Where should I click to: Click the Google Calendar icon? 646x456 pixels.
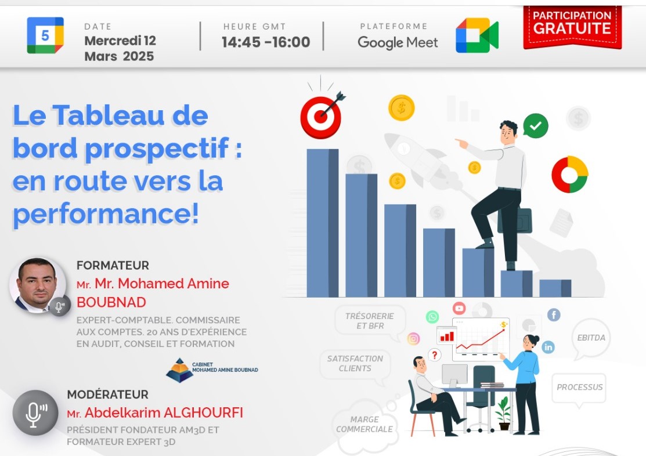[x=45, y=35]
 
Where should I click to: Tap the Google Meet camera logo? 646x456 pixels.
[x=477, y=35]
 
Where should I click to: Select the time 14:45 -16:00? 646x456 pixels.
[x=266, y=42]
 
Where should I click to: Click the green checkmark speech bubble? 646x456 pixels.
[x=535, y=125]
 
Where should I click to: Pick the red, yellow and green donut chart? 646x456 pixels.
[x=569, y=175]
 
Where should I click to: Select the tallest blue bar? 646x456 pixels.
[x=322, y=223]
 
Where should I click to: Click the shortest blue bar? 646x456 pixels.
[x=555, y=288]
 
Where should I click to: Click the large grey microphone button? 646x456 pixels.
[x=35, y=412]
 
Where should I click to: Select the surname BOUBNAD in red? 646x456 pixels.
[x=111, y=302]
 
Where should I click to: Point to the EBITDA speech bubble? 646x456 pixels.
[x=591, y=338]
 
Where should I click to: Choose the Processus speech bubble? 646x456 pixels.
[x=579, y=387]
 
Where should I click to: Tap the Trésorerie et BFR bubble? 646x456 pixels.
[x=370, y=321]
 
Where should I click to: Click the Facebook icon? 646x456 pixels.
[x=554, y=315]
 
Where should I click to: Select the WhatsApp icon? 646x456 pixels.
[x=432, y=317]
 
